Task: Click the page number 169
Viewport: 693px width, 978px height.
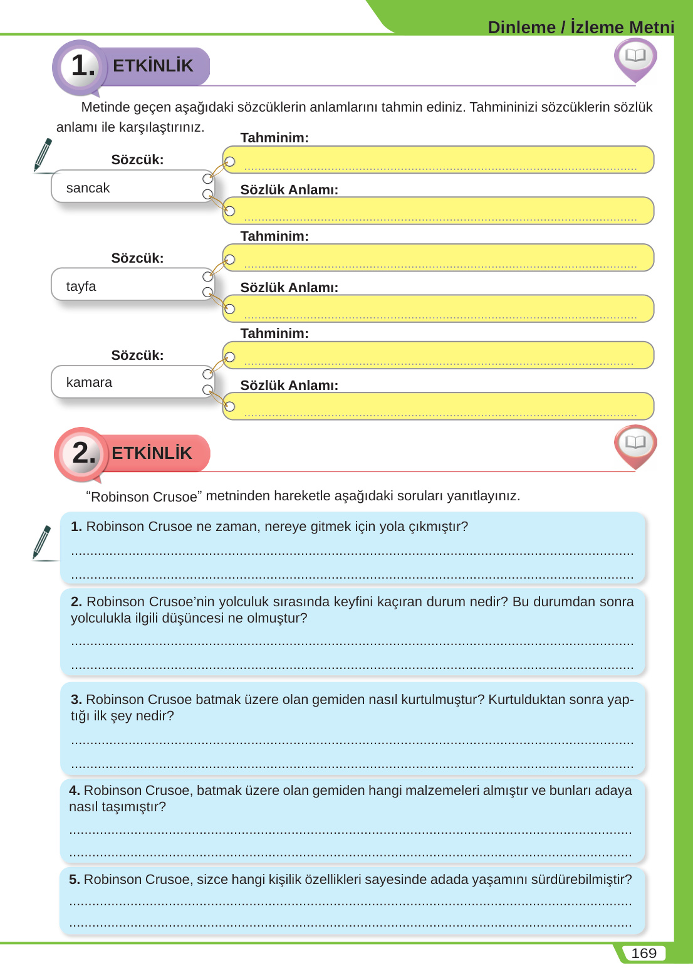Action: tap(643, 954)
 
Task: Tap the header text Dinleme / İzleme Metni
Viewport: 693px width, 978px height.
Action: tap(581, 28)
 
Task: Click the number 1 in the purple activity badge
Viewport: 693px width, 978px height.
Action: tap(80, 66)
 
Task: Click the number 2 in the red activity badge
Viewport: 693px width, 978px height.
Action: tap(81, 453)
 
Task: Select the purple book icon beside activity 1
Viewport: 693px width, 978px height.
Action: tap(635, 58)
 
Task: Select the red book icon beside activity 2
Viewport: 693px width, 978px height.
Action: tap(635, 444)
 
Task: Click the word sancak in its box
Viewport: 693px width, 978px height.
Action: tap(88, 188)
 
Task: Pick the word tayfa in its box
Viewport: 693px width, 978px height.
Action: tap(81, 287)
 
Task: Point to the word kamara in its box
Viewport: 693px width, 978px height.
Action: tap(89, 382)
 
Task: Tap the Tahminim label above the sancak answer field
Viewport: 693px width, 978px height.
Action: tap(274, 138)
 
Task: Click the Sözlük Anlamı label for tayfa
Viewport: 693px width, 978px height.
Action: tap(289, 288)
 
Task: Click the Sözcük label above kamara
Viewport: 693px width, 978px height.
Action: tap(137, 355)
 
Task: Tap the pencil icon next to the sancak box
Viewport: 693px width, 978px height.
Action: tap(43, 155)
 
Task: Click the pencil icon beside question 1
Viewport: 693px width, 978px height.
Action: tap(42, 542)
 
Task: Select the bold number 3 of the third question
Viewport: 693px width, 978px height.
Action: tap(76, 700)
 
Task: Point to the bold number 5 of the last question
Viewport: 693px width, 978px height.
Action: tap(74, 880)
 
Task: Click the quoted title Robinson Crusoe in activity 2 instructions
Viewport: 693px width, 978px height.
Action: tap(143, 497)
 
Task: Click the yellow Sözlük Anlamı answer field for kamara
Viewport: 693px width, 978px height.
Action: tap(439, 406)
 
